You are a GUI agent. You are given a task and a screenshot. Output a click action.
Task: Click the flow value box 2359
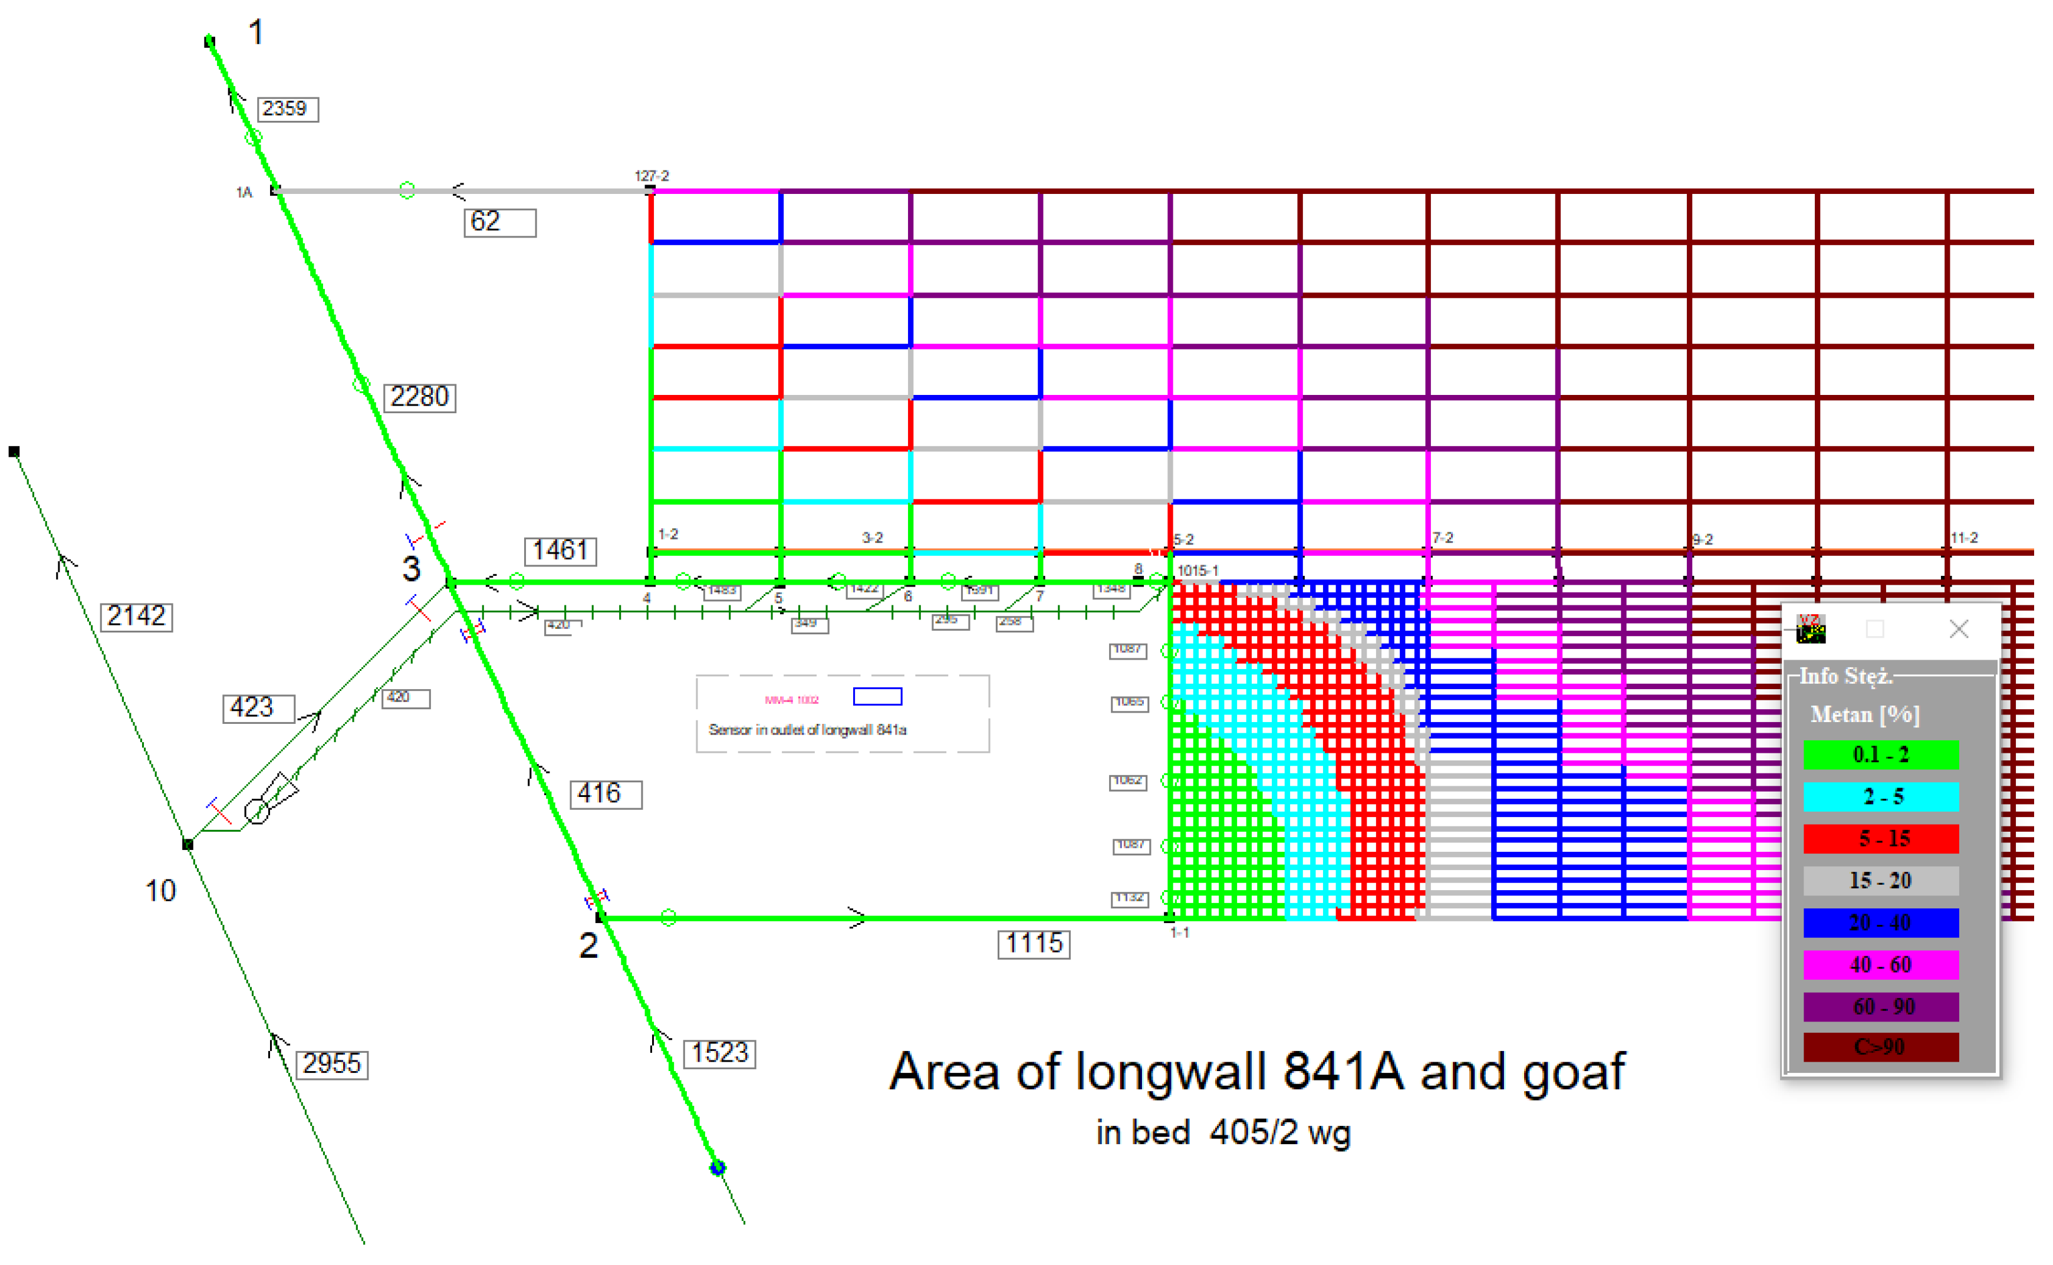click(287, 109)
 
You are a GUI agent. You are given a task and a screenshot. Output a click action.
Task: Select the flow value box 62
click(499, 223)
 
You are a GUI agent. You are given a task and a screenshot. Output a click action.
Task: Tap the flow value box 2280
click(419, 397)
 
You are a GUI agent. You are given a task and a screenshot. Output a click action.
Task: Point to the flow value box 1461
click(560, 551)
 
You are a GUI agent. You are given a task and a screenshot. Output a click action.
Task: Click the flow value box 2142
click(136, 617)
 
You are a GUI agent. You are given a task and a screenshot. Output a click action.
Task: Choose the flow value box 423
click(258, 708)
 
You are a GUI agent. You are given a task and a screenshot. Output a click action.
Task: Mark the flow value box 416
click(606, 794)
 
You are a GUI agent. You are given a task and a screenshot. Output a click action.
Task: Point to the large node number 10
click(160, 891)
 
